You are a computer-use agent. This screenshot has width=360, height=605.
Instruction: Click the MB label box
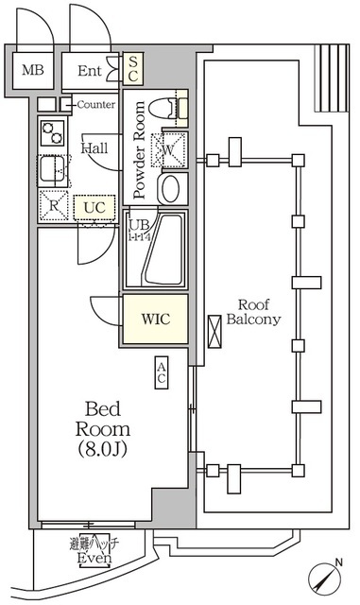32,70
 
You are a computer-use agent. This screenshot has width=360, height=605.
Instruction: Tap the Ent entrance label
90,70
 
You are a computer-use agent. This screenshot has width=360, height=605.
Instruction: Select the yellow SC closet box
133,68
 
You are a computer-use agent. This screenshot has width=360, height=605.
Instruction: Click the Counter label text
95,104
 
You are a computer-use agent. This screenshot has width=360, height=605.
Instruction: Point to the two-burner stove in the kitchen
50,135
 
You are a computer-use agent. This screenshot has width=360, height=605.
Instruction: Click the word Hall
94,148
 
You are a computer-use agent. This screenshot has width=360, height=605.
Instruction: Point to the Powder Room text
139,150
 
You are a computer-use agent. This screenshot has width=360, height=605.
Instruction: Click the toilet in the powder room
174,110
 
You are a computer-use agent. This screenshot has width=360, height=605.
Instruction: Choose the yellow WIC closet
154,320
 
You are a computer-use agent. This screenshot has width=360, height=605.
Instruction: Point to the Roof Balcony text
258,312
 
